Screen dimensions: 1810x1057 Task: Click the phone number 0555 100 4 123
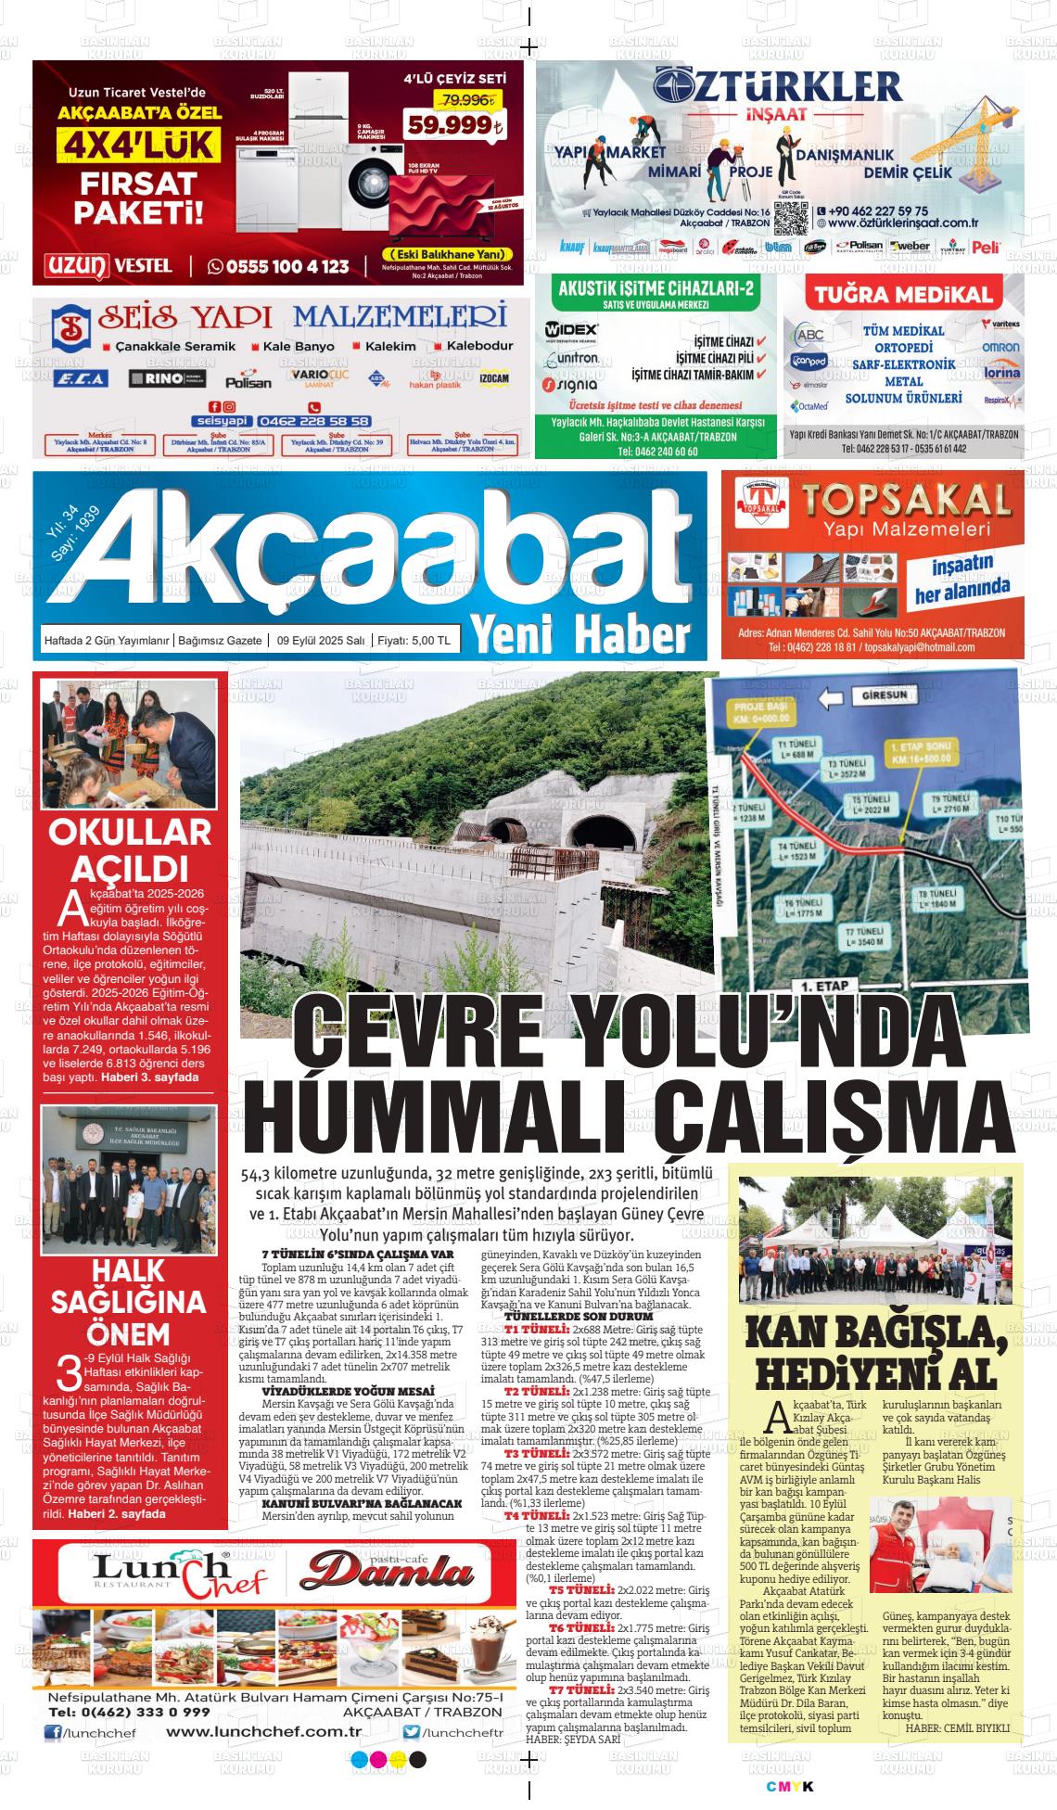coord(279,266)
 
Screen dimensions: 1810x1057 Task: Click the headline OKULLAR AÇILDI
coord(130,849)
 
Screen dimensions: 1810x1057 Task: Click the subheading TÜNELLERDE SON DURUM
coord(567,1317)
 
